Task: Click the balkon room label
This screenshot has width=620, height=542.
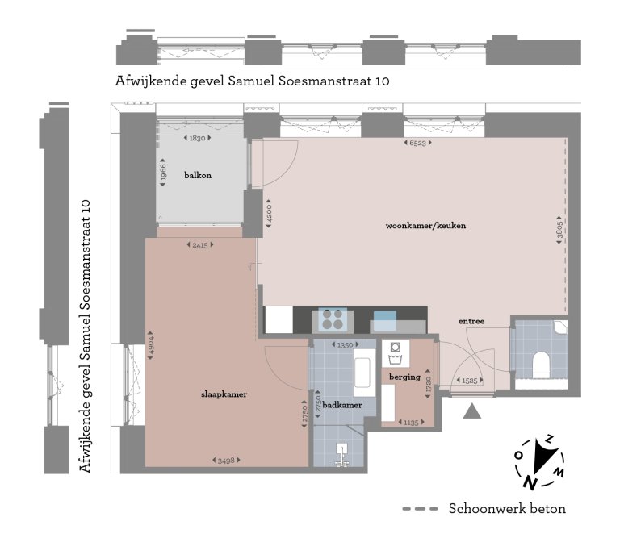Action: point(198,175)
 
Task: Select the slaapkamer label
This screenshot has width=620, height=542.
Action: point(224,394)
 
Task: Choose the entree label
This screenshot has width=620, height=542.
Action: point(471,321)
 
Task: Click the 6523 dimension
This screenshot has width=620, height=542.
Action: point(417,144)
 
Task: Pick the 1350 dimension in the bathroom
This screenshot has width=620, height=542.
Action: point(345,345)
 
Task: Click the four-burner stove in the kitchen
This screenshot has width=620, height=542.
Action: point(332,320)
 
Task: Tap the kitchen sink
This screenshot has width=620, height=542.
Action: point(385,320)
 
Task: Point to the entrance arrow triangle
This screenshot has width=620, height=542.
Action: point(472,412)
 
